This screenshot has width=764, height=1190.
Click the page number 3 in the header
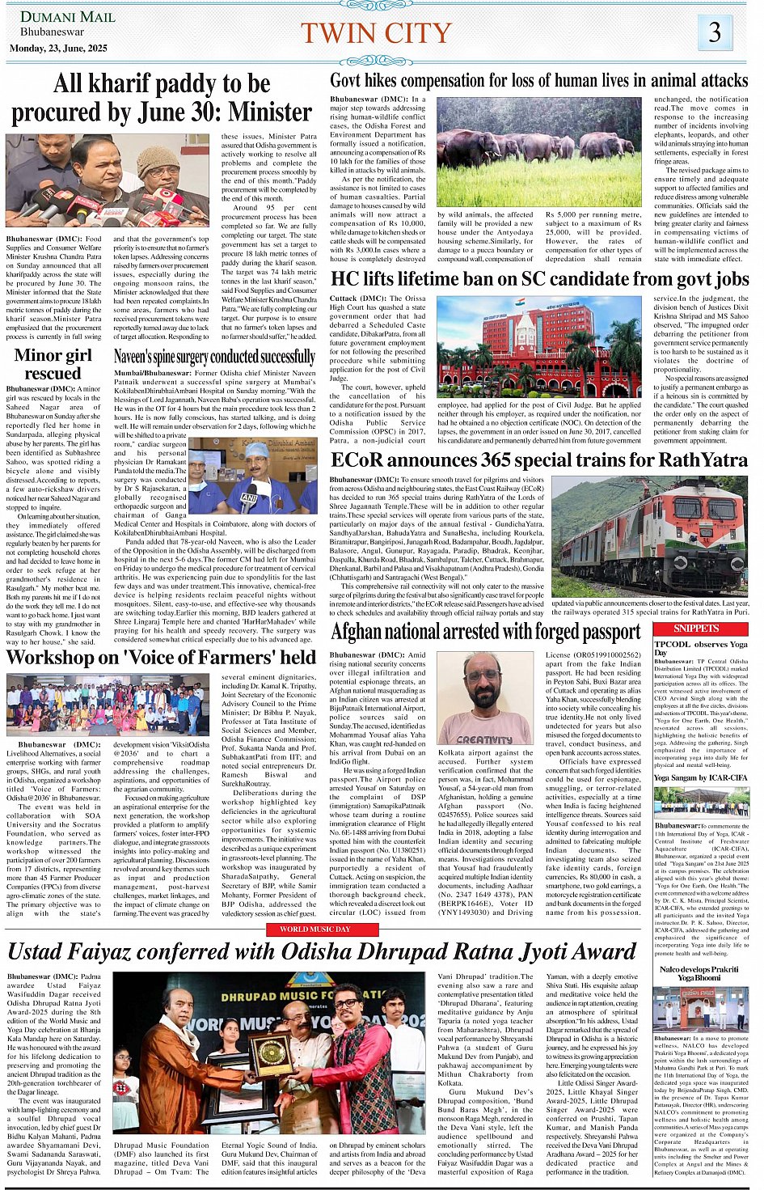tap(715, 32)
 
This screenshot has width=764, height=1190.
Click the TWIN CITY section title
tap(376, 33)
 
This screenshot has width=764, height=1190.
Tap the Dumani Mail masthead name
tap(67, 17)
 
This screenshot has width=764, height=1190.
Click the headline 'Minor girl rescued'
tap(53, 364)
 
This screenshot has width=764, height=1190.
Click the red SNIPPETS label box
tap(696, 629)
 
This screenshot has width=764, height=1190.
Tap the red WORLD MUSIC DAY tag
tap(314, 930)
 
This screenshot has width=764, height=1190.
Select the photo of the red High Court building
tap(538, 345)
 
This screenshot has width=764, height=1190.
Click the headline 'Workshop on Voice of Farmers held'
tap(161, 657)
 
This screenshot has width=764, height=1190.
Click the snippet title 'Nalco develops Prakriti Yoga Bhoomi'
tap(699, 973)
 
